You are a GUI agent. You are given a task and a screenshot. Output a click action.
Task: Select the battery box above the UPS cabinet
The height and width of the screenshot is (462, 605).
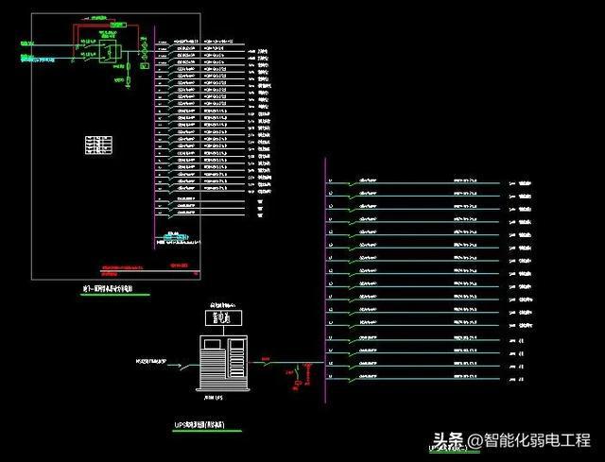pos(223,318)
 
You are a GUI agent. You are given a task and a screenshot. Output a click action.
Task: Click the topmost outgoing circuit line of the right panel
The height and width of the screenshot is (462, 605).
pos(416,182)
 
